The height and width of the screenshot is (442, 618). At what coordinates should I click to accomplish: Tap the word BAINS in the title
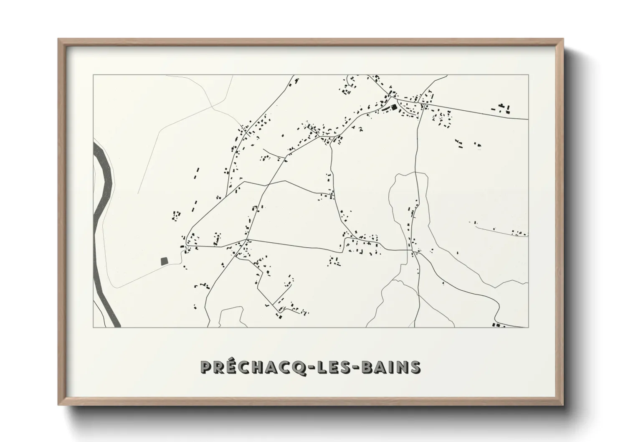(390, 367)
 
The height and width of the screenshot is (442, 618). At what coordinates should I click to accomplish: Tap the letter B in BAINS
(366, 367)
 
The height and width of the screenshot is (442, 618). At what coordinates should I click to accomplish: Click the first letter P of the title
(206, 367)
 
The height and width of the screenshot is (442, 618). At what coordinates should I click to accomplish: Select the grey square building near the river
(164, 261)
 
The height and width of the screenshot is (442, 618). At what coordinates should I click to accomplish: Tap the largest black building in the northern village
(393, 108)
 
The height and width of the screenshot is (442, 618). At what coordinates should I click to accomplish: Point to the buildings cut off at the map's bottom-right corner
(497, 325)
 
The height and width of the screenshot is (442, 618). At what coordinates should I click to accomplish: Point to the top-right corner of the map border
(528, 75)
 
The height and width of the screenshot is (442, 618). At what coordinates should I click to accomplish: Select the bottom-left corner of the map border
(93, 327)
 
